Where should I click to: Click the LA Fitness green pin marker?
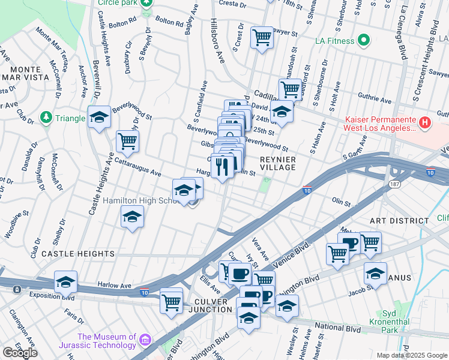(363, 41)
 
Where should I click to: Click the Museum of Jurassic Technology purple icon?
(145, 341)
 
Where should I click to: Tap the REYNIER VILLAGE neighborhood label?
(277, 163)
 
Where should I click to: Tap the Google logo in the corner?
(20, 352)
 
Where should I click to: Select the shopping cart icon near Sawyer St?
(262, 37)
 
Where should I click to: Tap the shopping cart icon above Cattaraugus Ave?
(127, 142)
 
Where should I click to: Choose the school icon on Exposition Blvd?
(65, 282)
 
